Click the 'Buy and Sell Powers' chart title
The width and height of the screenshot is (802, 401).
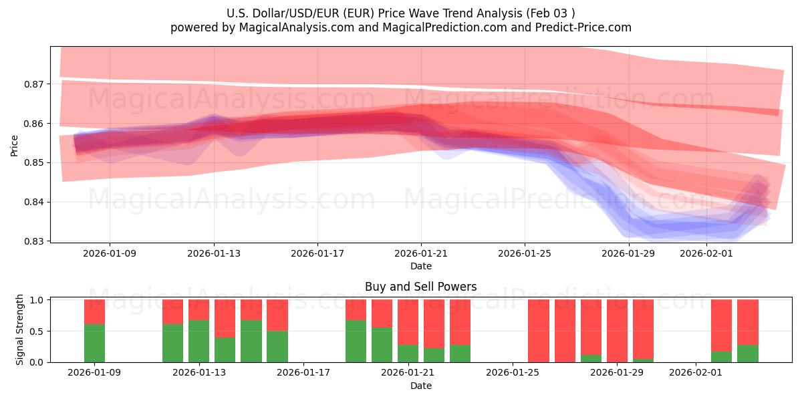tap(420, 287)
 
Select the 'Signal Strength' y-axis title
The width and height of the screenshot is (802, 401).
tap(20, 329)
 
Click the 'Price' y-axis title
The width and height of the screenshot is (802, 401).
tap(15, 144)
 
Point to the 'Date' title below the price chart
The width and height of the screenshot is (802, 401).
tap(420, 266)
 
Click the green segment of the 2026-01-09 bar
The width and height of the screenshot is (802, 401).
tap(94, 343)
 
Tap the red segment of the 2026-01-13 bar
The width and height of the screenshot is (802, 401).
tap(199, 309)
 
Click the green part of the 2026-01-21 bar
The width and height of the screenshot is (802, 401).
tap(408, 353)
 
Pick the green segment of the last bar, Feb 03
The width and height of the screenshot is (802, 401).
tap(748, 353)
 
